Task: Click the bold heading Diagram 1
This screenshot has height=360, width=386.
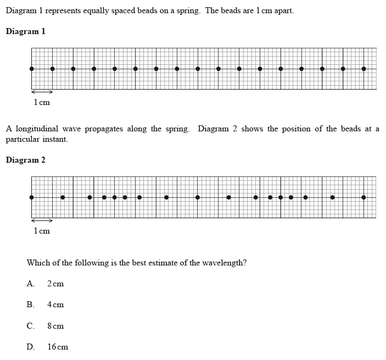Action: click(x=25, y=31)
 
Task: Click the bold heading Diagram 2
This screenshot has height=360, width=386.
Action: click(x=25, y=160)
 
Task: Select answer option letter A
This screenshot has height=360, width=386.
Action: click(x=30, y=284)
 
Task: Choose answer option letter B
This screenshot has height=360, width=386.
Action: click(x=30, y=304)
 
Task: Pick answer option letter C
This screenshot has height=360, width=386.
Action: click(x=30, y=325)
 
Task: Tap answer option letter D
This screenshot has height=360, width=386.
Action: click(x=30, y=346)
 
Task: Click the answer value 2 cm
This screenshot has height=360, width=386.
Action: click(x=55, y=284)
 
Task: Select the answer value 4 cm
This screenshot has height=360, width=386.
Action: click(x=55, y=304)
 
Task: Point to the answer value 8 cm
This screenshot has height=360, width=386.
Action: click(x=55, y=325)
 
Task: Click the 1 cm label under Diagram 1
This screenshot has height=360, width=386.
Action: click(x=42, y=102)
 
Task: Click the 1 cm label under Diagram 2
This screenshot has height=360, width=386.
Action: click(x=42, y=231)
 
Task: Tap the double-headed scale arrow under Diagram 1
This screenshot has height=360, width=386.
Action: click(x=42, y=92)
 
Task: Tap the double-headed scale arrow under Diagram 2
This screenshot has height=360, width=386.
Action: click(x=42, y=220)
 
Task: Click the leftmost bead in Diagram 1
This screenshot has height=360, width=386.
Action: click(x=31, y=69)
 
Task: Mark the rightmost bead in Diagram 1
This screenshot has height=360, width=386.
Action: click(x=363, y=69)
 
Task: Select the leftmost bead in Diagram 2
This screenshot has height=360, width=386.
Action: click(x=31, y=197)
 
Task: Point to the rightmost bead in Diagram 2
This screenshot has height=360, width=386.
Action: click(x=363, y=197)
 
